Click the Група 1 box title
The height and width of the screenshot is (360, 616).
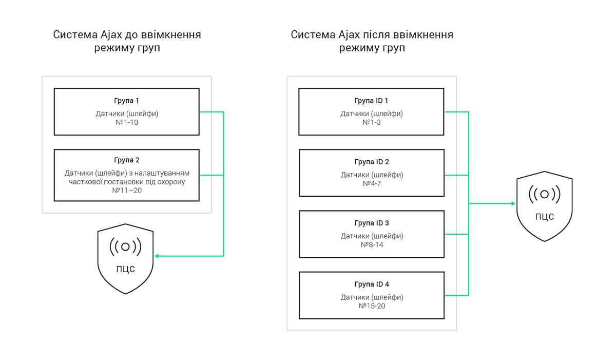pos(126,101)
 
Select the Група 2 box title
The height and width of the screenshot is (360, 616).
pos(126,160)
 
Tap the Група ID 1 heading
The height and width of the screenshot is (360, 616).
pos(371,101)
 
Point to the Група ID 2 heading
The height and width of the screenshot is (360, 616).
pos(371,162)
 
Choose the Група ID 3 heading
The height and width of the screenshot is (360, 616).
pos(371,223)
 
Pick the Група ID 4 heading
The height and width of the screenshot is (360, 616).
pos(371,284)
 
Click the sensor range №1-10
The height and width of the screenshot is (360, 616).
pos(127,123)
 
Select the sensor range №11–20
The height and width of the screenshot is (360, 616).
pos(127,191)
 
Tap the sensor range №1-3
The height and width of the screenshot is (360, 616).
pos(371,123)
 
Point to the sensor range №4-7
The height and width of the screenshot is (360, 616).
pos(371,184)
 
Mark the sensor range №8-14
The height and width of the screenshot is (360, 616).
pos(371,245)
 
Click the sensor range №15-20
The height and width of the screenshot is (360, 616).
pos(371,306)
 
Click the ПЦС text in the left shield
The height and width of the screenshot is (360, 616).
pos(125,270)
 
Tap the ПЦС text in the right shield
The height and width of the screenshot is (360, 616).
pos(544,217)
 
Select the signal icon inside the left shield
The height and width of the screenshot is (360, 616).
pos(125,247)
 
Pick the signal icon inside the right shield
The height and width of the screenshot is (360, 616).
pos(544,194)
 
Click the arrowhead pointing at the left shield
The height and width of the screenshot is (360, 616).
pos(157,256)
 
